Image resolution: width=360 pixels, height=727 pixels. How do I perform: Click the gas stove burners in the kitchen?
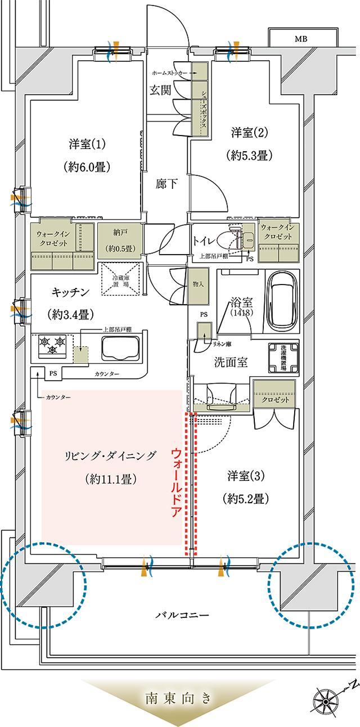click(51, 344)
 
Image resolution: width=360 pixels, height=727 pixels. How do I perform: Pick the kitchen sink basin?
click(120, 349)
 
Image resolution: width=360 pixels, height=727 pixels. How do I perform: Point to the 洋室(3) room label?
click(246, 476)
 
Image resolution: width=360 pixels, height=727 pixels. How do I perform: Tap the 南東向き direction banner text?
click(179, 699)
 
